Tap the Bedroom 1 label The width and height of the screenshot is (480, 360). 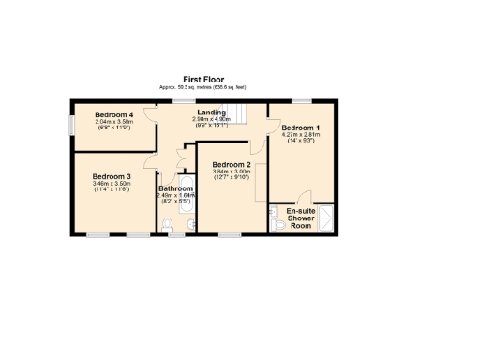[x=301, y=127]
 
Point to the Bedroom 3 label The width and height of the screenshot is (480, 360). [x=112, y=176]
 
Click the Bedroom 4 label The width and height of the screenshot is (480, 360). [x=114, y=114]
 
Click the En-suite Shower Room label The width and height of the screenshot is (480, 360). [x=301, y=217]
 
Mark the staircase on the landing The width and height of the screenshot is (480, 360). [x=243, y=112]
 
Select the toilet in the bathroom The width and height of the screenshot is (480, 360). [x=168, y=224]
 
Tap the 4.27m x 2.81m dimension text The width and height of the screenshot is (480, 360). [x=301, y=134]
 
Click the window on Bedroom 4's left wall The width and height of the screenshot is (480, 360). [x=73, y=124]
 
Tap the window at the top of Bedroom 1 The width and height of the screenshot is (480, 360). [x=302, y=100]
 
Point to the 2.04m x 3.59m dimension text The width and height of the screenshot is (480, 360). [x=114, y=121]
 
